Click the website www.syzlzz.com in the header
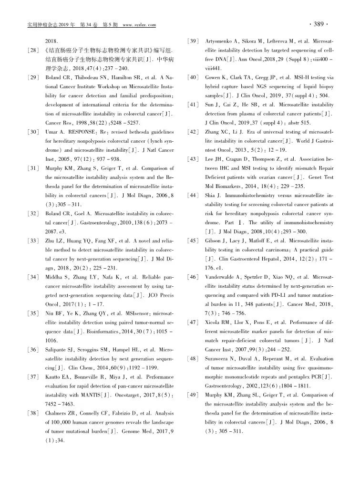(x=140, y=25)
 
